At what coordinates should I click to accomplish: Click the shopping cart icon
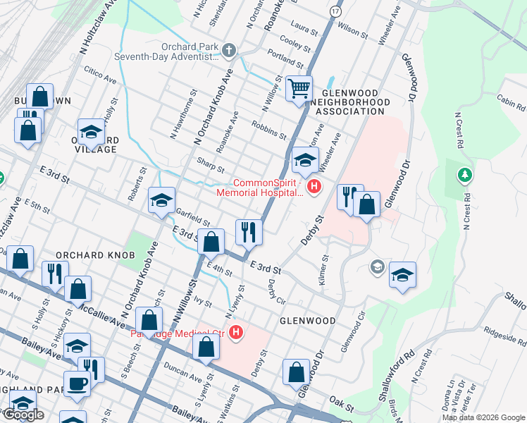(x=299, y=89)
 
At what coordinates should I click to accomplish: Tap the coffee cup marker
(x=77, y=384)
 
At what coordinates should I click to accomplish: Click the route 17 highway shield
(x=335, y=13)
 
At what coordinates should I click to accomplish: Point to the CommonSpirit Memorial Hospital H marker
(x=314, y=187)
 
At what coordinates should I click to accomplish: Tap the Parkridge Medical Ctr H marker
(x=237, y=333)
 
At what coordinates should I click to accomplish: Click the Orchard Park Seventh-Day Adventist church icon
(x=228, y=50)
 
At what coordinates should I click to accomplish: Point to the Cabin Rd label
(x=511, y=103)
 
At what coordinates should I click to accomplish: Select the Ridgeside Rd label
(x=504, y=334)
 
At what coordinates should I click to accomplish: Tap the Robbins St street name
(x=268, y=128)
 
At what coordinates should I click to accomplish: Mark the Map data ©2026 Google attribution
(x=483, y=417)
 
